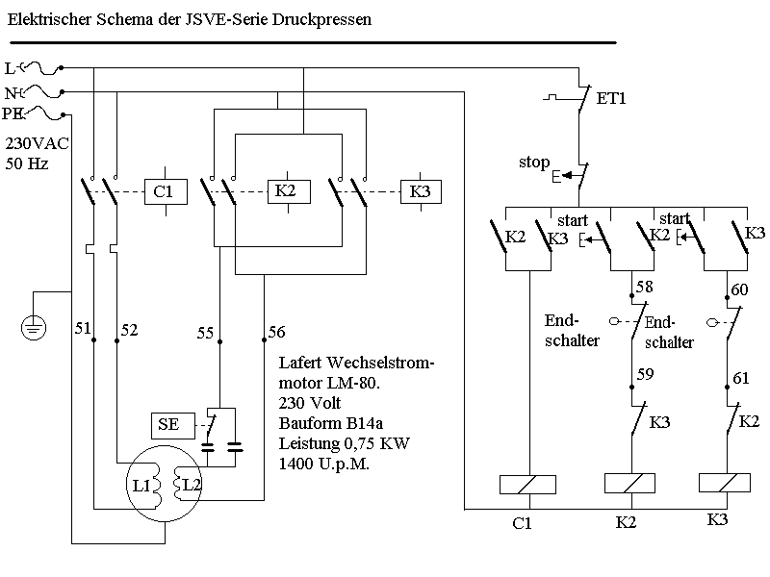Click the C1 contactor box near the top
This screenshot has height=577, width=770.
click(x=164, y=192)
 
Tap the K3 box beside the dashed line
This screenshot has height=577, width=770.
click(x=420, y=191)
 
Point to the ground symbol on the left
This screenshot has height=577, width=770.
click(x=34, y=329)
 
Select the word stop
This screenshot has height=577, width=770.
click(x=534, y=162)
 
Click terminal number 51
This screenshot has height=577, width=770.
click(x=84, y=330)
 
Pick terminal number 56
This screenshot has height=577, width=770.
click(x=276, y=332)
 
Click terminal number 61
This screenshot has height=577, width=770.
click(x=740, y=378)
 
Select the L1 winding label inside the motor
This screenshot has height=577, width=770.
click(x=141, y=486)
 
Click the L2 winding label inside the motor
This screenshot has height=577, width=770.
click(x=192, y=485)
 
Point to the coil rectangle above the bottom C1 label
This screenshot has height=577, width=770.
click(x=527, y=485)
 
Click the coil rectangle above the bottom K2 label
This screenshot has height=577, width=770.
click(x=628, y=485)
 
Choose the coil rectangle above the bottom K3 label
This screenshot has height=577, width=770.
click(x=727, y=485)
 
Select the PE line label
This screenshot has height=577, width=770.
click(x=13, y=114)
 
